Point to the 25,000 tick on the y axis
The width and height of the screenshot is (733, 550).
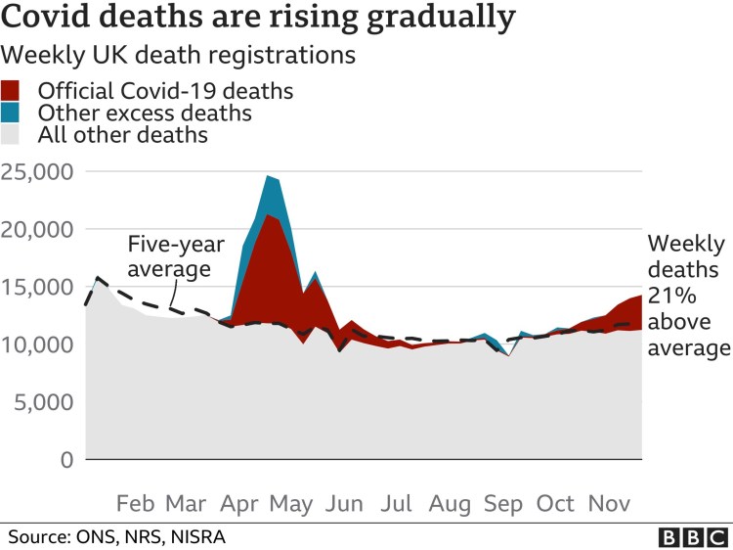pyautogui.click(x=37, y=172)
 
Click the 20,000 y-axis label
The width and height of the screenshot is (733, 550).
pyautogui.click(x=37, y=230)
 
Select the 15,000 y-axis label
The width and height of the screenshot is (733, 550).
pyautogui.click(x=37, y=288)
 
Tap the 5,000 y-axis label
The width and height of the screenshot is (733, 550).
pyautogui.click(x=43, y=402)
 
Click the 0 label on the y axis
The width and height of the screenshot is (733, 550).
pyautogui.click(x=66, y=460)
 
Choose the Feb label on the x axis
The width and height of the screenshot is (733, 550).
pyautogui.click(x=135, y=504)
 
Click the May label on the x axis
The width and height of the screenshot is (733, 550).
pyautogui.click(x=290, y=504)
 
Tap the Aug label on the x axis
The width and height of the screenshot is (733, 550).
pyautogui.click(x=451, y=504)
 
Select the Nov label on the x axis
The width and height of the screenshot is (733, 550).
pyautogui.click(x=609, y=504)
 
